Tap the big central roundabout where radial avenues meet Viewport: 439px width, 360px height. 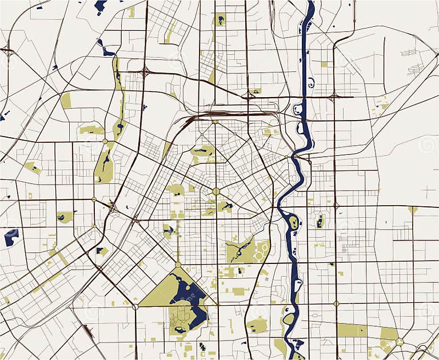216,191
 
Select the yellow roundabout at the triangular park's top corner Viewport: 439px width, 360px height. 178,265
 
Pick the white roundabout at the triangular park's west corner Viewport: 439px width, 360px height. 135,307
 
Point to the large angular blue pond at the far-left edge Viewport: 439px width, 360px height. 11,236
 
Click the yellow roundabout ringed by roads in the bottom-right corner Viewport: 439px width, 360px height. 400,342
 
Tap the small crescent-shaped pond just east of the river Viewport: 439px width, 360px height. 310,83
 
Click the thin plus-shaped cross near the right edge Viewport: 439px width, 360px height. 429,191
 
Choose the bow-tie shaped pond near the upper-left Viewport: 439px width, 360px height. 106,50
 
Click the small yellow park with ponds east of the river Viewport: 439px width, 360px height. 320,221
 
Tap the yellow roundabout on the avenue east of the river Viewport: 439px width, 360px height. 336,303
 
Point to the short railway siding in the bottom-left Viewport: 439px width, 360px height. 89,331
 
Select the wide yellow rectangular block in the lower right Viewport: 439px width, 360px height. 352,330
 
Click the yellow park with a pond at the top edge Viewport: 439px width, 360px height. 219,19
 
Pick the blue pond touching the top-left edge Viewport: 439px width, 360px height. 101,6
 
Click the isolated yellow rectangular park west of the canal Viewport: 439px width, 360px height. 66,101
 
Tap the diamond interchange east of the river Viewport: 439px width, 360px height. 334,97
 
